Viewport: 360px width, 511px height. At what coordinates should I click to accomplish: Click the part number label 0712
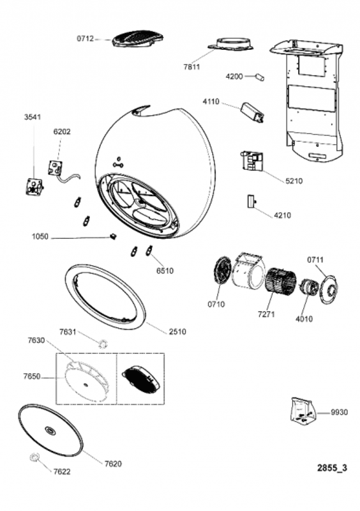click(85, 39)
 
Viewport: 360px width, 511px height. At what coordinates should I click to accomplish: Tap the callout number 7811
click(191, 67)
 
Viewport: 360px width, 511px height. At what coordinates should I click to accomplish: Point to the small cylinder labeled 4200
click(260, 77)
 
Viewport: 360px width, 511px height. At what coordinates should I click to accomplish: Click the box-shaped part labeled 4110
click(253, 112)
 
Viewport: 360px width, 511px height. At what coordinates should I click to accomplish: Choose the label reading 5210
click(294, 181)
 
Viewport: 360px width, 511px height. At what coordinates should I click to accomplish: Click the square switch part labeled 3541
click(34, 187)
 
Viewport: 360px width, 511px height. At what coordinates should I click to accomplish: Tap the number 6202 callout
click(62, 132)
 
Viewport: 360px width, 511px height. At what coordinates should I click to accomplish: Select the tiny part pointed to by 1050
click(113, 236)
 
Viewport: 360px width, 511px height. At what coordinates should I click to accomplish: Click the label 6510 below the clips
click(165, 270)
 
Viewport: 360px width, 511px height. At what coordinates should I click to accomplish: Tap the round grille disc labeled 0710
click(223, 270)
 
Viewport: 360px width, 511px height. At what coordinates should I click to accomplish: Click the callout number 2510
click(177, 332)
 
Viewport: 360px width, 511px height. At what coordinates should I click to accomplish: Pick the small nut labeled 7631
click(103, 343)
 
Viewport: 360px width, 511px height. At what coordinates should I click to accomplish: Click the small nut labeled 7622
click(34, 457)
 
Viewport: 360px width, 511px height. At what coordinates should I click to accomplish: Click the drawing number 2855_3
click(333, 468)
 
